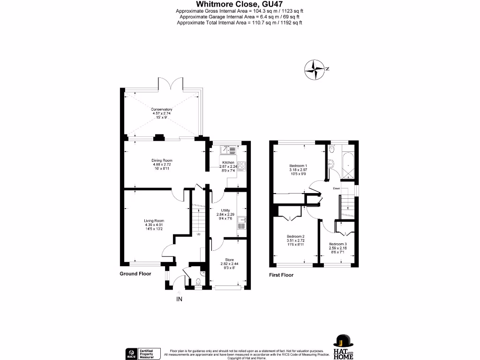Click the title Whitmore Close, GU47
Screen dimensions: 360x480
[240, 5]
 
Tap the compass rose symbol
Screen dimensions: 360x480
[315, 69]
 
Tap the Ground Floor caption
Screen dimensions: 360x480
[135, 274]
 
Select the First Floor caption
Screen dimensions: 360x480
[281, 275]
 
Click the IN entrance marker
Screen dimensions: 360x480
[179, 299]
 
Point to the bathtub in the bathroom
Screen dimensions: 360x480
[349, 166]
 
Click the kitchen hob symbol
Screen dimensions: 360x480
[242, 165]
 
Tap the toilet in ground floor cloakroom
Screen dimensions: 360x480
[198, 282]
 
